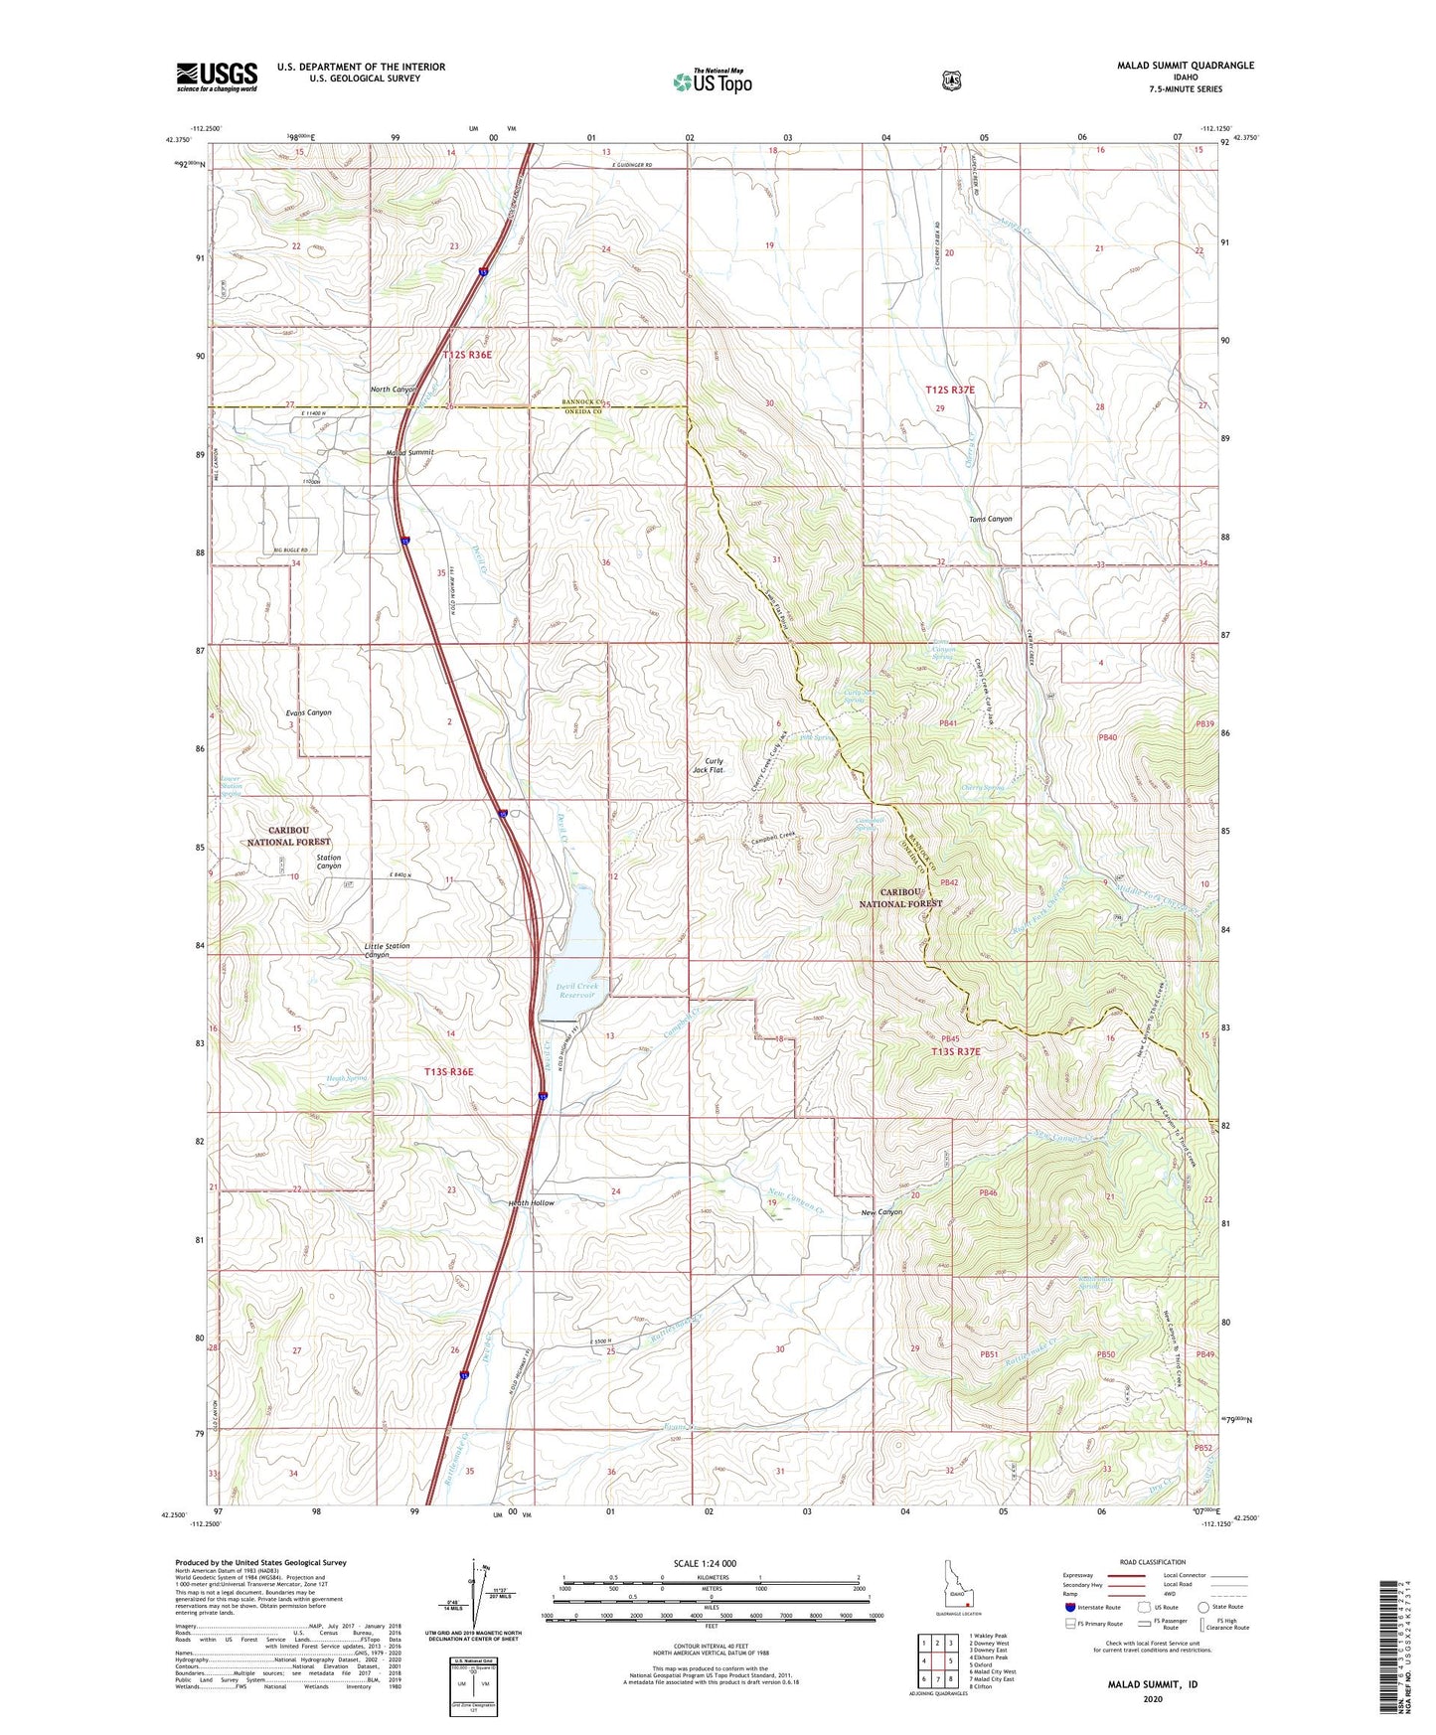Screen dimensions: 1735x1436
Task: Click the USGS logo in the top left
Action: click(217, 77)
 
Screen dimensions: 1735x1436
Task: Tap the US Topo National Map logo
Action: click(712, 80)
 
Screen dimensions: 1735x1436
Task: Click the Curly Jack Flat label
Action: click(708, 765)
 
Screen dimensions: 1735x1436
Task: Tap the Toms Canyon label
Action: click(990, 519)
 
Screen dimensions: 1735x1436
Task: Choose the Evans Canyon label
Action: click(308, 712)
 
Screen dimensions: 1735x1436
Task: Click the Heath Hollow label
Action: click(531, 1203)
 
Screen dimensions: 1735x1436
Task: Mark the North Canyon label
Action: click(394, 390)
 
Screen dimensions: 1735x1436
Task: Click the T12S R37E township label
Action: click(950, 391)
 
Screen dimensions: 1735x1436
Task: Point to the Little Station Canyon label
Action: click(387, 950)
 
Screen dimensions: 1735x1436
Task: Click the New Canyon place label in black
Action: click(881, 1212)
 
